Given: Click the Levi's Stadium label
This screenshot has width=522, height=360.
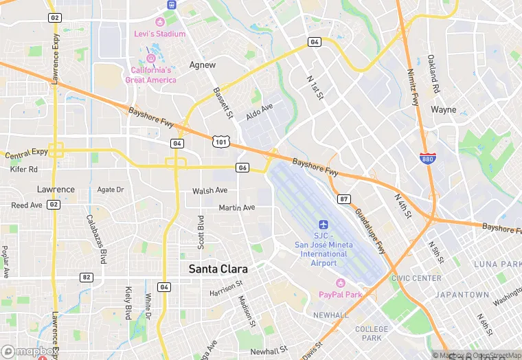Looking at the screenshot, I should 159,34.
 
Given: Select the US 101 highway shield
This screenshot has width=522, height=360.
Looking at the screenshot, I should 221,142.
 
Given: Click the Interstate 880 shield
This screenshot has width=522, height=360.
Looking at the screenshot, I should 428,159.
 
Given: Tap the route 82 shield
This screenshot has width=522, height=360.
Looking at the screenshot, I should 86,277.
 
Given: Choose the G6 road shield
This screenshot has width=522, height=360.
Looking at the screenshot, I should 242,168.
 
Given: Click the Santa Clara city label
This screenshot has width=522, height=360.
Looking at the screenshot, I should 218,270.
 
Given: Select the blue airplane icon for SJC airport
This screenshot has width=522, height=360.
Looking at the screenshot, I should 324,225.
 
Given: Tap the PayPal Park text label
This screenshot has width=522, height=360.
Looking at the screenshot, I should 340,295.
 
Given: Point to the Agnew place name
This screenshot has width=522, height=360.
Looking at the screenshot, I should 202,65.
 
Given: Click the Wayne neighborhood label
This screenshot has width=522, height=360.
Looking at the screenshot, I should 443,109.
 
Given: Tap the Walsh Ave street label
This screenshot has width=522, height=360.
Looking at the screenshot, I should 209,190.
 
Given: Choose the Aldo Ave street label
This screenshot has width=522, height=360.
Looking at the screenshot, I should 259,112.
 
